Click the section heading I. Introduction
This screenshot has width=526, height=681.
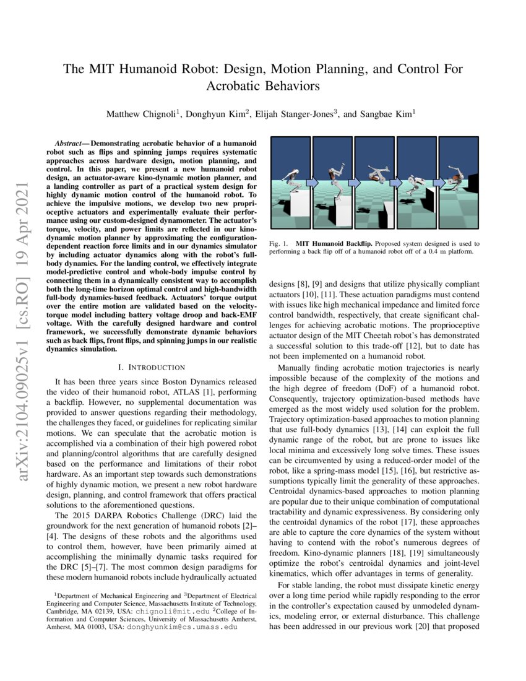152,368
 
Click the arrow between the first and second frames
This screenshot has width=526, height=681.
311,183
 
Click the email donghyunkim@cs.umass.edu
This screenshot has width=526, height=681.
182,627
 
